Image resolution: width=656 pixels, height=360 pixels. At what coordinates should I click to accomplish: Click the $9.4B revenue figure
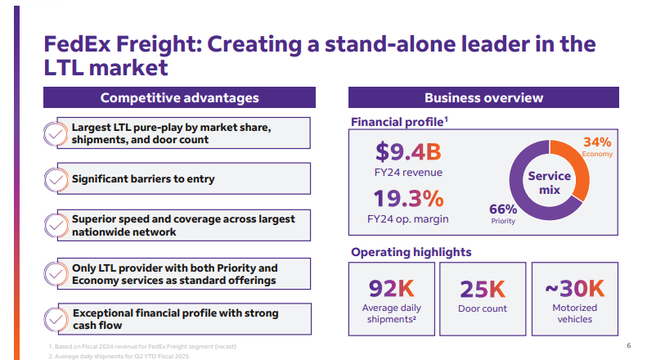point(407,151)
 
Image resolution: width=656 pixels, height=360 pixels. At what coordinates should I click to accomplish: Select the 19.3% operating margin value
point(408,198)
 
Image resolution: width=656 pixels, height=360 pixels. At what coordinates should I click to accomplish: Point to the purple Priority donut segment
point(523,205)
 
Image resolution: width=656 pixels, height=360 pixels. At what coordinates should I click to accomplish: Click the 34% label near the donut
point(596,142)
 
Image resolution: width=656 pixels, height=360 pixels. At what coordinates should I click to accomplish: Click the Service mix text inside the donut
point(549,182)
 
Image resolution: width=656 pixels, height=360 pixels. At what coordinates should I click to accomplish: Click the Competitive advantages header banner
point(179,98)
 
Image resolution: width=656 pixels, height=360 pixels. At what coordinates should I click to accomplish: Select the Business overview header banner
point(483,98)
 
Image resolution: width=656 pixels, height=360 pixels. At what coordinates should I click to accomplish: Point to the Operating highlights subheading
point(411,252)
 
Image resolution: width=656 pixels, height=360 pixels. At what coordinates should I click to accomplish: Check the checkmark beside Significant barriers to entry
point(56,179)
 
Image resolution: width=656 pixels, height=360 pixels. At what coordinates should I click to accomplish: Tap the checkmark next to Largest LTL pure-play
point(56,133)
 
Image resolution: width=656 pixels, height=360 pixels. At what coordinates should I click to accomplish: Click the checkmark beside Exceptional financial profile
point(56,319)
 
